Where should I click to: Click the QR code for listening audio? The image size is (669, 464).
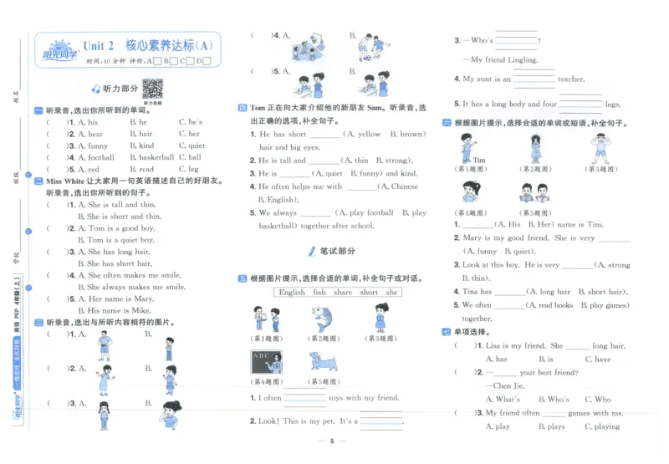click(x=152, y=88)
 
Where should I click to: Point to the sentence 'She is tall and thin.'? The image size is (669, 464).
click(x=122, y=204)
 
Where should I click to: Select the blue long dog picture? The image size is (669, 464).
click(x=322, y=362)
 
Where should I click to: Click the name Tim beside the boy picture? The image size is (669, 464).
click(x=478, y=160)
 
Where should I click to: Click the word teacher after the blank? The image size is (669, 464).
click(x=571, y=79)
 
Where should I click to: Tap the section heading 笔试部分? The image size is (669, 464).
click(x=337, y=250)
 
